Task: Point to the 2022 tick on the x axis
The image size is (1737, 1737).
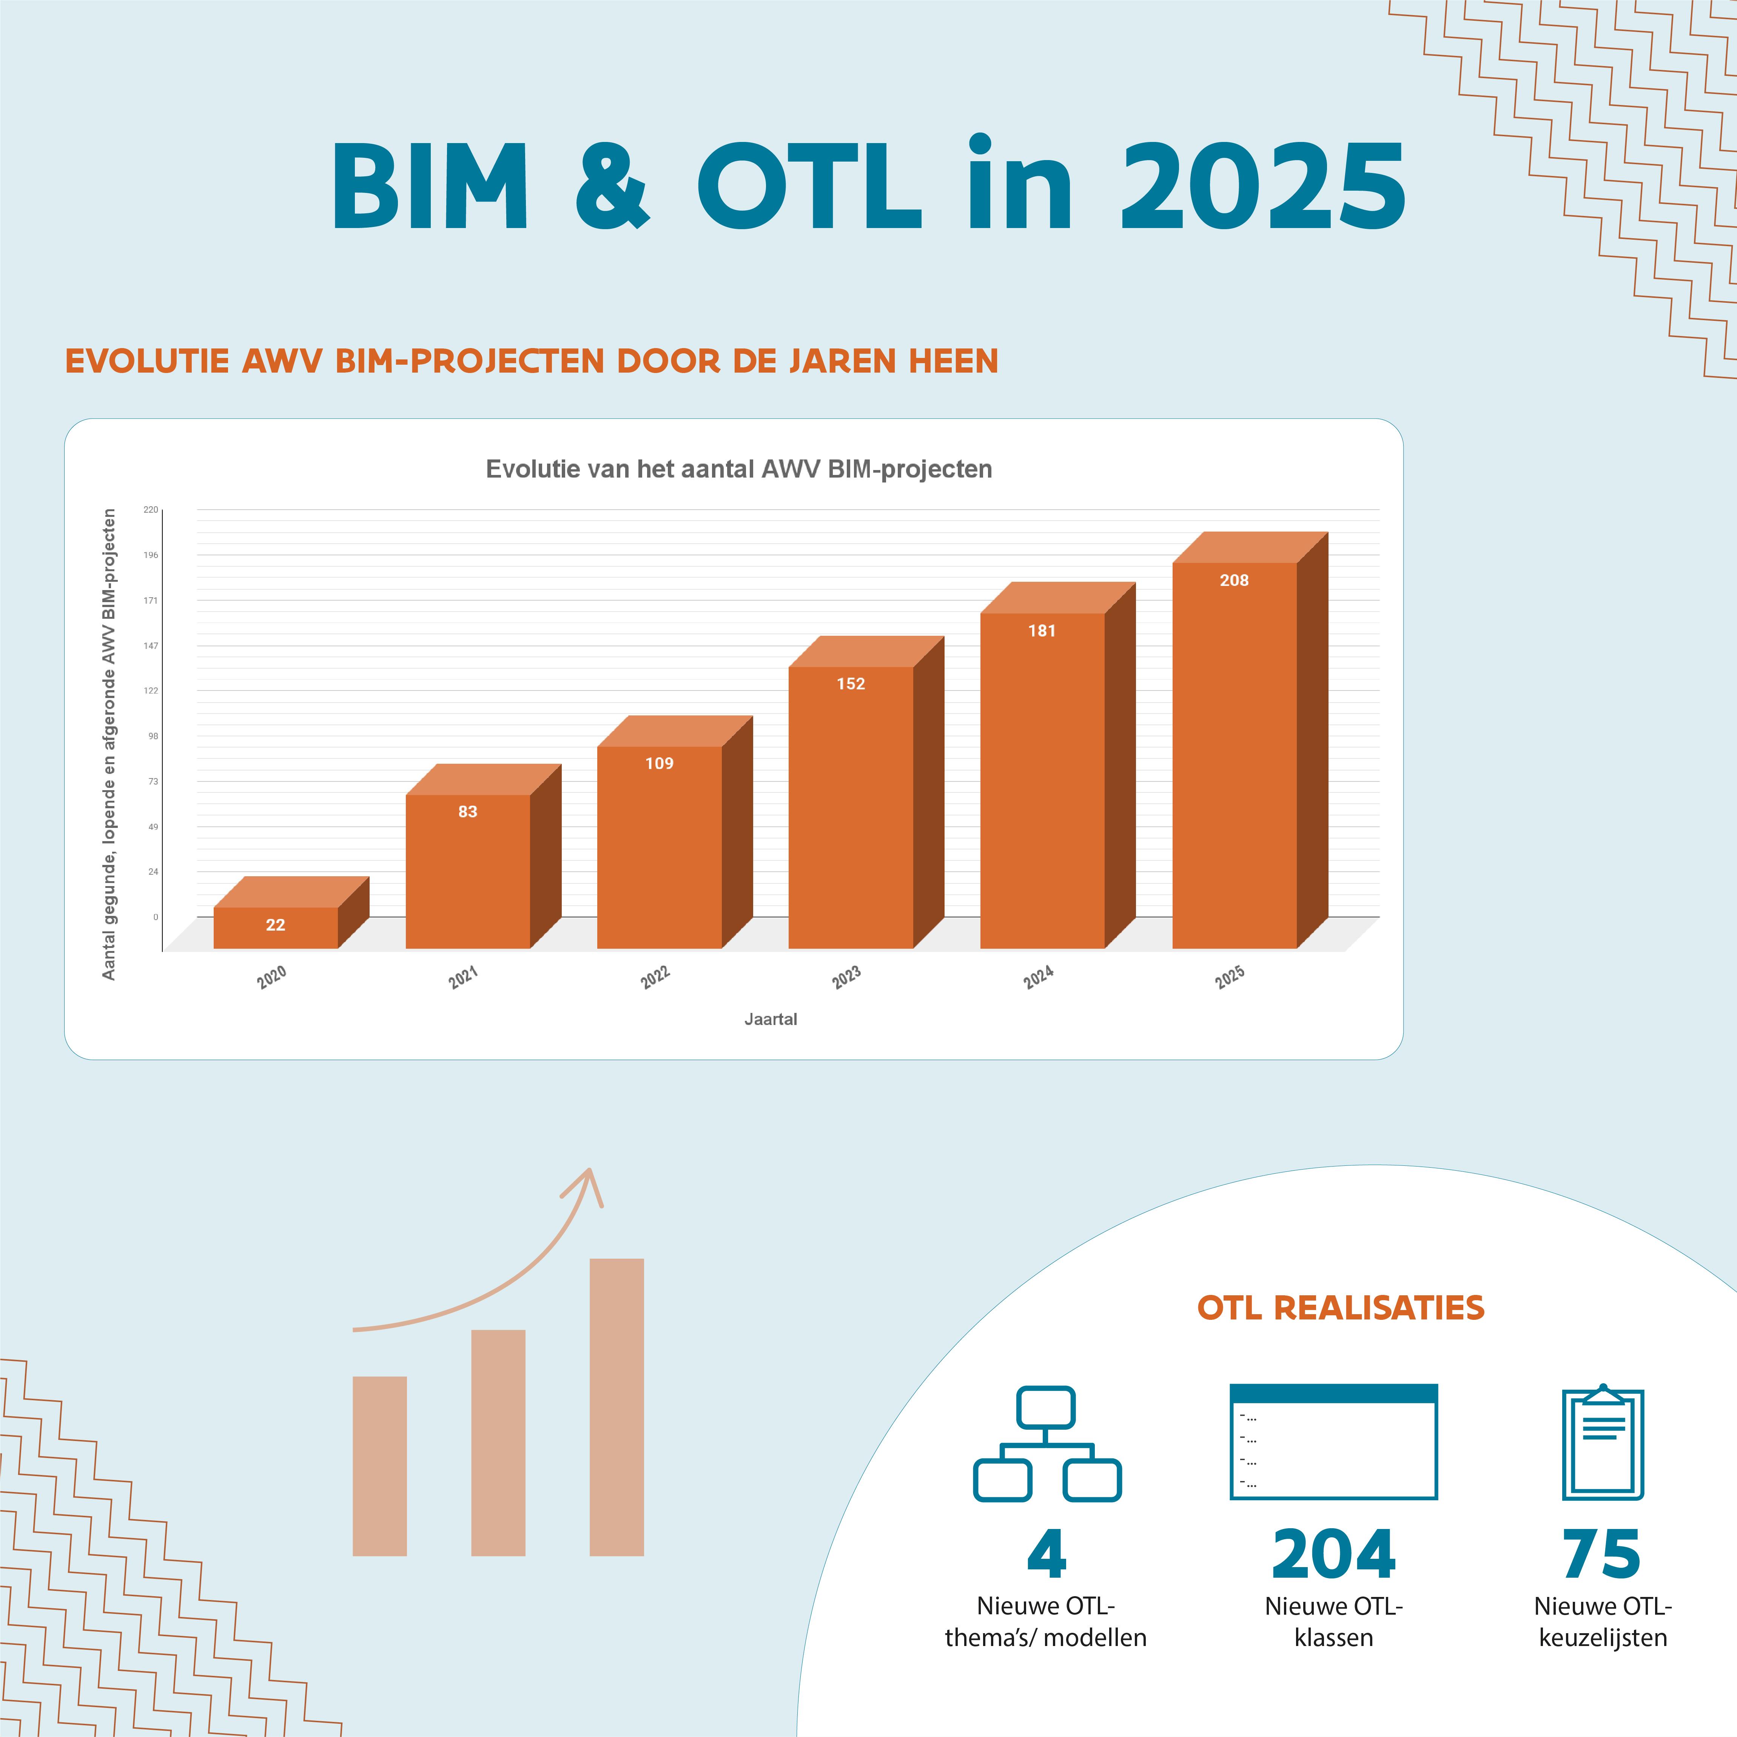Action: (655, 977)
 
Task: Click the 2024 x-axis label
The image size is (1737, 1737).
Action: (1039, 977)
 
